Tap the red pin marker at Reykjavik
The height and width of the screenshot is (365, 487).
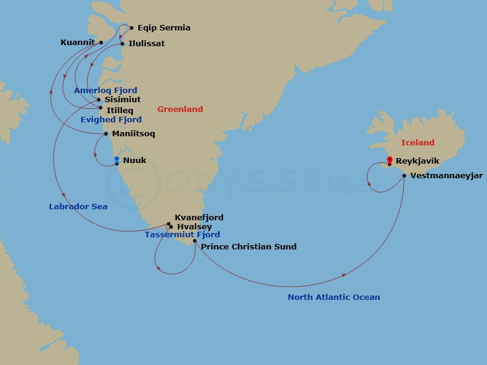389,160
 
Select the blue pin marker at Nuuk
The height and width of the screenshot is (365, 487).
116,160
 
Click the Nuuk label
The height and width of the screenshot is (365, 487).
135,161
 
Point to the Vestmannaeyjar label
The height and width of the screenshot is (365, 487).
446,176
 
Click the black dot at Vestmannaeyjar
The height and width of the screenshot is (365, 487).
404,176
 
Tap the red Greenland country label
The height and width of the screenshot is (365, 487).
180,109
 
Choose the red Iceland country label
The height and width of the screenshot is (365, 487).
418,143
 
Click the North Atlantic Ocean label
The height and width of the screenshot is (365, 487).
334,297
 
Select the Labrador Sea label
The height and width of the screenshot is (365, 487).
78,207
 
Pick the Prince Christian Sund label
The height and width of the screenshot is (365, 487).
248,247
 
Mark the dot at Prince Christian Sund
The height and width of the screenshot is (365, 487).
195,242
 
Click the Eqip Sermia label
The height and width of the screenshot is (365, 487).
164,28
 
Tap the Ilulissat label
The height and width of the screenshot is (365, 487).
146,44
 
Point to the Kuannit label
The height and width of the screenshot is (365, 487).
77,43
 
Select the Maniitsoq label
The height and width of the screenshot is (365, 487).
133,134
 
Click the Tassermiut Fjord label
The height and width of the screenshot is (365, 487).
182,235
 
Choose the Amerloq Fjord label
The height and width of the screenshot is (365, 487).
105,91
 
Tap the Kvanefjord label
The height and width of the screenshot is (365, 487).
198,218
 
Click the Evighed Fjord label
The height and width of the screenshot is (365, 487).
111,120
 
